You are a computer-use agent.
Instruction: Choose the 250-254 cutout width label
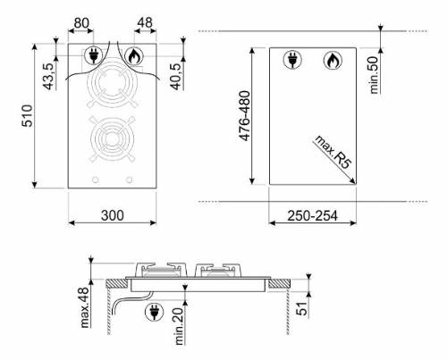(315, 215)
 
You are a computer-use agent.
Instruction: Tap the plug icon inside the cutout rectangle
(291, 62)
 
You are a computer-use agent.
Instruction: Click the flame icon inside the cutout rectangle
(331, 61)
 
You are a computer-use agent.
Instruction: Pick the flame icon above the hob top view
(134, 55)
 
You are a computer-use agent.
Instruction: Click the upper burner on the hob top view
(112, 92)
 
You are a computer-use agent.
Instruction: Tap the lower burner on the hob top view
(112, 142)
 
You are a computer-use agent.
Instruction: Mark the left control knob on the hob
(93, 181)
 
